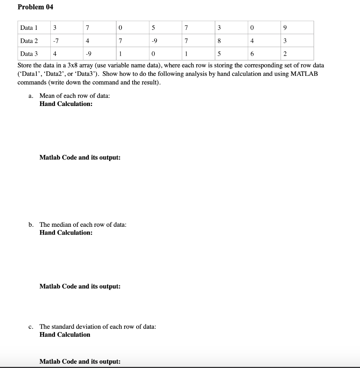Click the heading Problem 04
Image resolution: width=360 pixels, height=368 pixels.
tap(35, 7)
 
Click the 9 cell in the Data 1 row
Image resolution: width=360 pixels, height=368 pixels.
tap(285, 28)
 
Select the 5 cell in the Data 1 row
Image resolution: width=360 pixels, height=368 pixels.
tap(153, 28)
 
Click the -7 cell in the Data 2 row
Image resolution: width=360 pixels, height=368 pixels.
tap(55, 41)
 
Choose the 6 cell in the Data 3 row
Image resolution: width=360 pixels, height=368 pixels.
tap(252, 54)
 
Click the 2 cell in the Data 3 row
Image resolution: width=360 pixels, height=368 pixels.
tap(285, 54)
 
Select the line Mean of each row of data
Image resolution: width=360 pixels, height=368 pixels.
tap(75, 96)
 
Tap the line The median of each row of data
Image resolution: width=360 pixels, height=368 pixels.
tap(83, 225)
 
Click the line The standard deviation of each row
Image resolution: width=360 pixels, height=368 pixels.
tap(97, 327)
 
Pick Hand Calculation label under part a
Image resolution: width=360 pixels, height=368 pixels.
tap(66, 104)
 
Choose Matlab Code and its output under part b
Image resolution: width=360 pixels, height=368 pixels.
tap(80, 286)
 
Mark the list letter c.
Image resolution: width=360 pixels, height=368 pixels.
tap(31, 327)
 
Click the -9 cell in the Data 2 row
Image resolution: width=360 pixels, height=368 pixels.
tap(153, 41)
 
